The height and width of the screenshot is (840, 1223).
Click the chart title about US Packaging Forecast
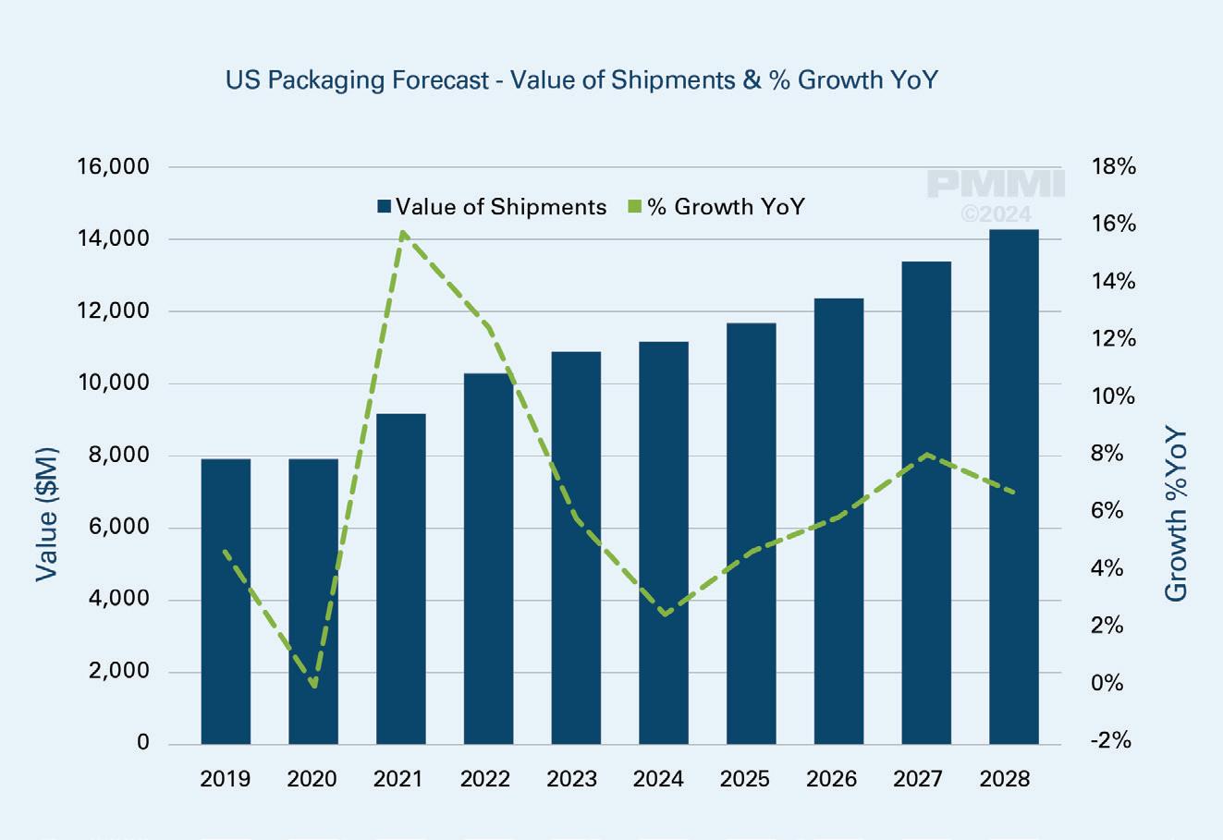coord(581,80)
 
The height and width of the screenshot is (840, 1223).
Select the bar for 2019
coord(226,601)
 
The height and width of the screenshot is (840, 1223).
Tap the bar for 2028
coord(1013,486)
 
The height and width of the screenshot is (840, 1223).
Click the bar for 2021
coord(400,578)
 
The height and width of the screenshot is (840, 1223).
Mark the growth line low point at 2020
coord(315,686)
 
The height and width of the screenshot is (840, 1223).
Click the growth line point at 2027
coord(926,454)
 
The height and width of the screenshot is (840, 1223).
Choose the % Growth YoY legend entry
coord(716,207)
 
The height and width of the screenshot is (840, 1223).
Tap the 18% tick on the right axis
coord(1113,167)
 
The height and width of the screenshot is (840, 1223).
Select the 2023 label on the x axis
coord(571,779)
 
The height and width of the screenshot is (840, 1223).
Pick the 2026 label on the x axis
coord(831,779)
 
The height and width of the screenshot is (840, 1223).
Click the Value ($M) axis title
coord(47,514)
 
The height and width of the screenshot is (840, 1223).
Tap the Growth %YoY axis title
coord(1175,514)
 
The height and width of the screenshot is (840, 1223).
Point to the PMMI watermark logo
coord(996,185)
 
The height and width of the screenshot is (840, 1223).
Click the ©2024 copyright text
coord(996,214)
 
